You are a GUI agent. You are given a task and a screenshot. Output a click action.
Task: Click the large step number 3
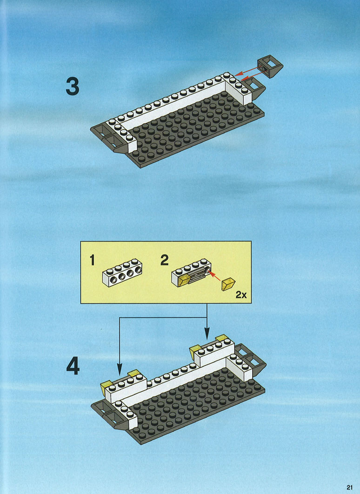[72, 87]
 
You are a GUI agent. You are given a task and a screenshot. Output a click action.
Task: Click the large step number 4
[73, 367]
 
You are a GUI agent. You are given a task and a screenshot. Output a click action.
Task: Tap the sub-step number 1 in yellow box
[92, 260]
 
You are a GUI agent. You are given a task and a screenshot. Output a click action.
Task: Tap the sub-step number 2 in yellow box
[164, 260]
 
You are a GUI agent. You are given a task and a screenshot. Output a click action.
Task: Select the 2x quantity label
[241, 295]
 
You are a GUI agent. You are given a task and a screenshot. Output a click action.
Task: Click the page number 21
[350, 487]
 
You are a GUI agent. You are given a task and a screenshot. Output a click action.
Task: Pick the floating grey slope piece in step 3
[270, 66]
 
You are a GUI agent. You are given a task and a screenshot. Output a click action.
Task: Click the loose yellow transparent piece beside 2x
[228, 284]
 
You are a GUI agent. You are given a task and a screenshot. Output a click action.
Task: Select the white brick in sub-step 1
[122, 273]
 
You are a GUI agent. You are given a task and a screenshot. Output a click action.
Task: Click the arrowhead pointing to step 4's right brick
[207, 334]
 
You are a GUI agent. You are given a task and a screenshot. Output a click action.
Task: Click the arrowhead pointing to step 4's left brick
[120, 369]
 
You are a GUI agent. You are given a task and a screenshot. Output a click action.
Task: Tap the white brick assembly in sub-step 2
[191, 273]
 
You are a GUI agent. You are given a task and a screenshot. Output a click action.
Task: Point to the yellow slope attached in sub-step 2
[183, 280]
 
